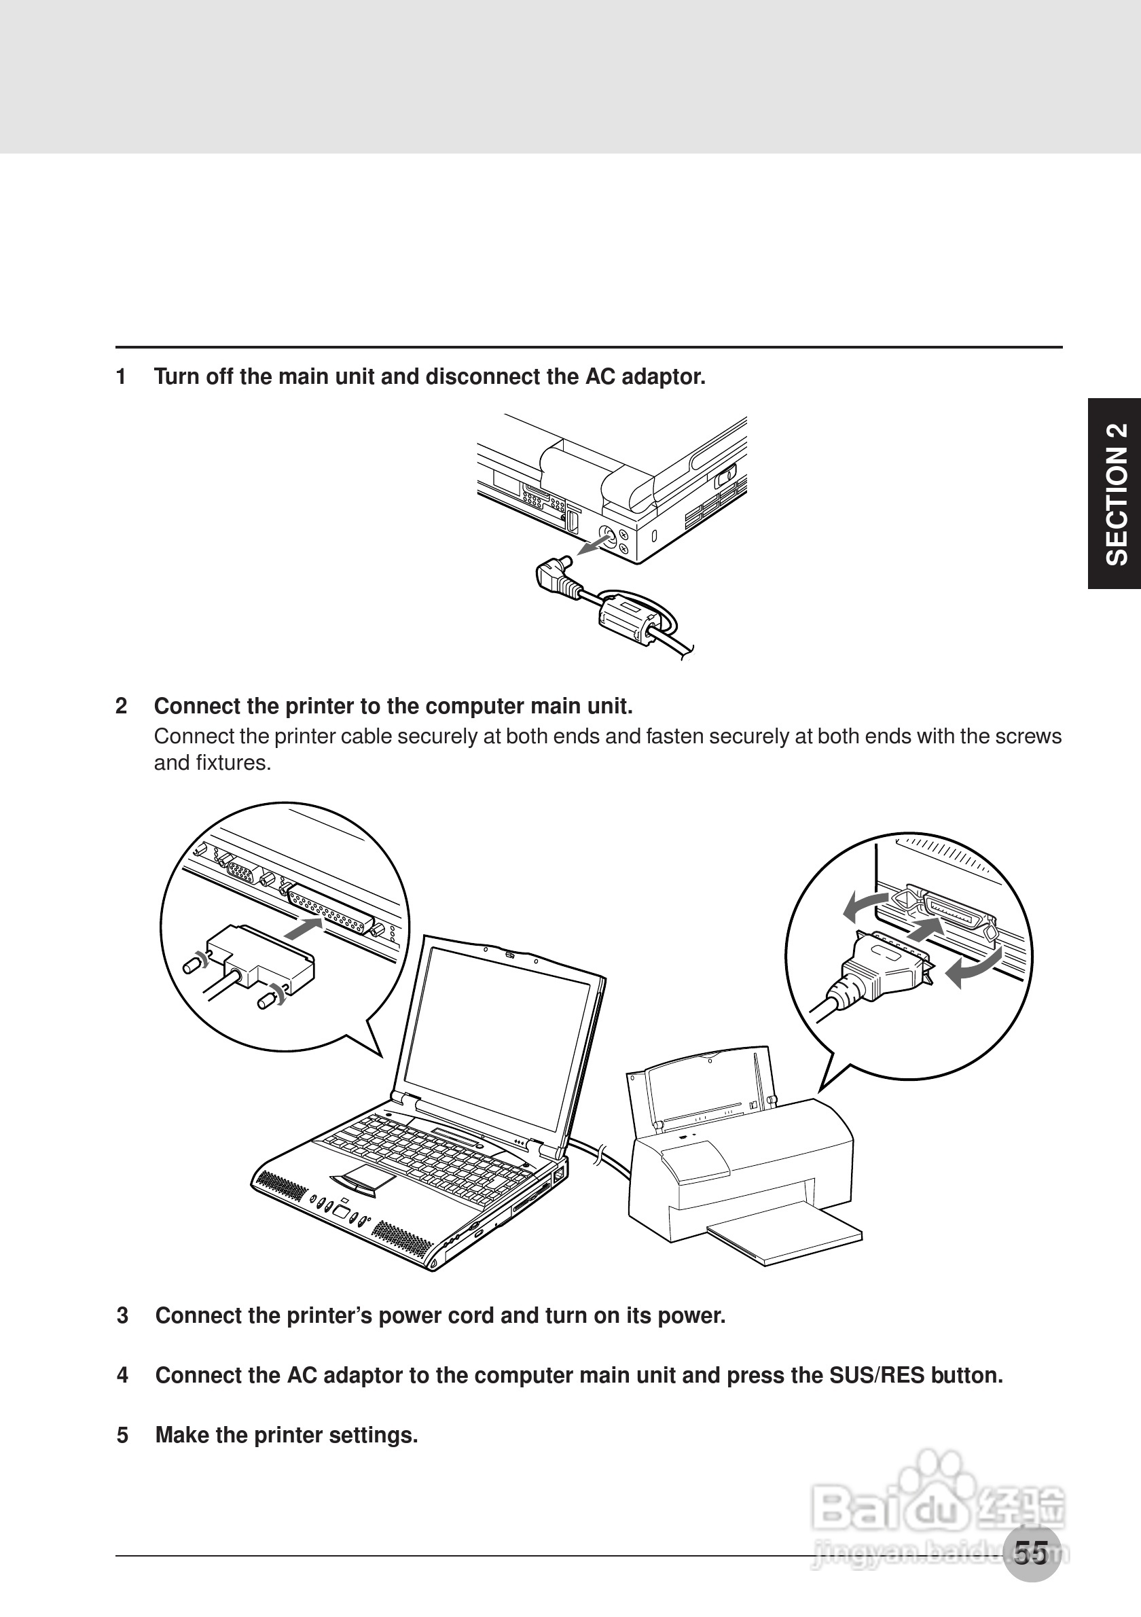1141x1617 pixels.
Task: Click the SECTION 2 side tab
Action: (1116, 493)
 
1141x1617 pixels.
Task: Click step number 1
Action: (121, 378)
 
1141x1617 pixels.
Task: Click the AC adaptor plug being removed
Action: (556, 574)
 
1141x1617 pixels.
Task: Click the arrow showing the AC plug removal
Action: (592, 544)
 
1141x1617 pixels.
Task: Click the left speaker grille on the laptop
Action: (280, 1186)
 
